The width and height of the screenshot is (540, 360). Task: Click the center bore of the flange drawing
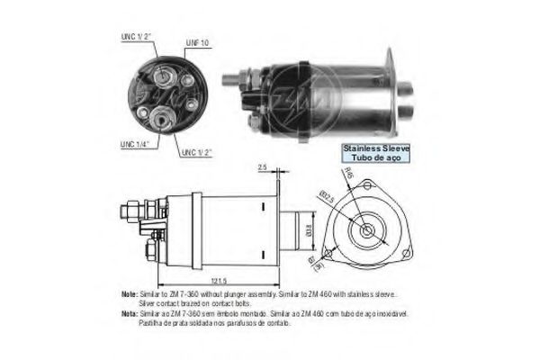(367, 231)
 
